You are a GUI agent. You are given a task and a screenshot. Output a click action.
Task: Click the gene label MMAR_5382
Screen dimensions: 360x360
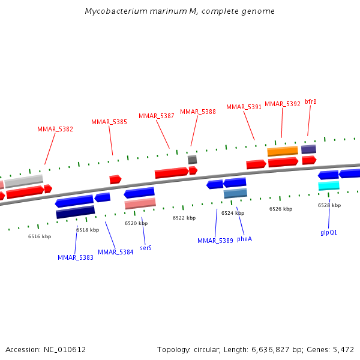click(x=55, y=129)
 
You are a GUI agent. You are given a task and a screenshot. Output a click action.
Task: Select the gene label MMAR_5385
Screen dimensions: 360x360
click(x=109, y=122)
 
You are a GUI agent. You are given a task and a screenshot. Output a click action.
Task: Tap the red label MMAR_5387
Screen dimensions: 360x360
click(x=157, y=116)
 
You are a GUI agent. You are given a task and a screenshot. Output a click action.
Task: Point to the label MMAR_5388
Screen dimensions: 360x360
click(x=198, y=112)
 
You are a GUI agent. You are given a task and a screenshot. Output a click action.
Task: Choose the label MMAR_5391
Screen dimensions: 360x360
click(x=244, y=107)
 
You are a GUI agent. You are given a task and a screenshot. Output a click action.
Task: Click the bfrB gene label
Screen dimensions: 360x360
click(x=311, y=101)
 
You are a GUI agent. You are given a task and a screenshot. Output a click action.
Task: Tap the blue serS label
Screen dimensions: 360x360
click(x=145, y=247)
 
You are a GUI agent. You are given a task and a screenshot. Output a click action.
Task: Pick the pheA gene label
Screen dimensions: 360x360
click(x=244, y=238)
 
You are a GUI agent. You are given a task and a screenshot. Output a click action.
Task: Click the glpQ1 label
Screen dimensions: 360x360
click(x=329, y=232)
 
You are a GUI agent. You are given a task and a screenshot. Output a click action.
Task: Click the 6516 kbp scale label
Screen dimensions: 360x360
click(x=40, y=236)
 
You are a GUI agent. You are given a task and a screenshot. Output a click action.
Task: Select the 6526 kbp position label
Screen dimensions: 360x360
click(x=281, y=209)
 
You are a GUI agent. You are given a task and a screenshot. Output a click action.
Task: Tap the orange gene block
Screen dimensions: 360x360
click(x=283, y=151)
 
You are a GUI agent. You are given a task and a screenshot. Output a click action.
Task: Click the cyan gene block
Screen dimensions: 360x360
click(x=329, y=186)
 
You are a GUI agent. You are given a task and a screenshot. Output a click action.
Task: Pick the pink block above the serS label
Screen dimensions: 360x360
click(x=140, y=203)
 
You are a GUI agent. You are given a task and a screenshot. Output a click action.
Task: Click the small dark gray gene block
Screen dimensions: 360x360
click(x=192, y=160)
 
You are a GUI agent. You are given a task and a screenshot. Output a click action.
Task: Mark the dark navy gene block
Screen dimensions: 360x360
click(x=75, y=212)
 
